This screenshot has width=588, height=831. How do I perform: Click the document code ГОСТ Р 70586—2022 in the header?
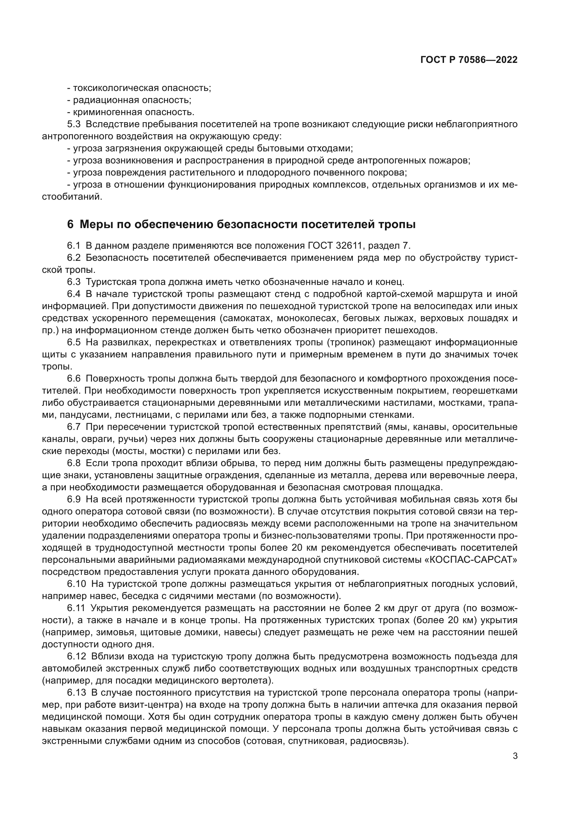(469, 60)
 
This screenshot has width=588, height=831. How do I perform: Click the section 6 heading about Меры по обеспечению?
(241, 225)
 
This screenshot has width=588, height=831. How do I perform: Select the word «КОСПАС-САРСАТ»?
(470, 560)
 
